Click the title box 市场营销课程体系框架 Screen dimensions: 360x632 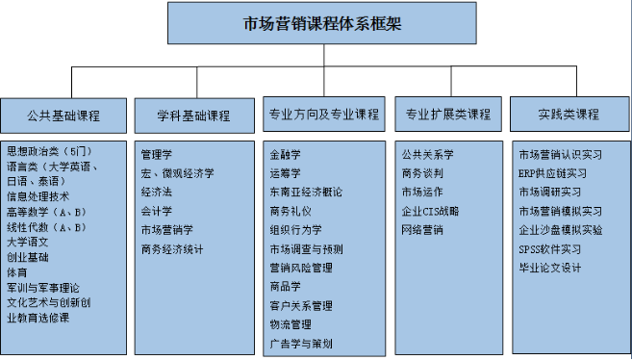tap(322, 24)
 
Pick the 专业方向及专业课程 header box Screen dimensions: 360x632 tap(324, 115)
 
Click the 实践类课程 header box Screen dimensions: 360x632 tap(569, 115)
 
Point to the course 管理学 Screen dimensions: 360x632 tap(157, 154)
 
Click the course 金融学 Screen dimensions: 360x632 tap(286, 154)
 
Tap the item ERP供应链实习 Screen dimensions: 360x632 tap(552, 173)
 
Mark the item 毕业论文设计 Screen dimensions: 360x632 tap(550, 268)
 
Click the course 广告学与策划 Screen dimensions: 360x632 tap(301, 344)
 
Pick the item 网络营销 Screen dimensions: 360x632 tap(422, 230)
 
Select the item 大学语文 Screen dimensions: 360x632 tap(28, 242)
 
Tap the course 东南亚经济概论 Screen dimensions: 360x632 tap(306, 193)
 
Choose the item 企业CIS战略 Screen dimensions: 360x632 tap(430, 211)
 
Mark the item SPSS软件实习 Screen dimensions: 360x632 tap(549, 249)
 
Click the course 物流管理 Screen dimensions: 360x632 tap(291, 324)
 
